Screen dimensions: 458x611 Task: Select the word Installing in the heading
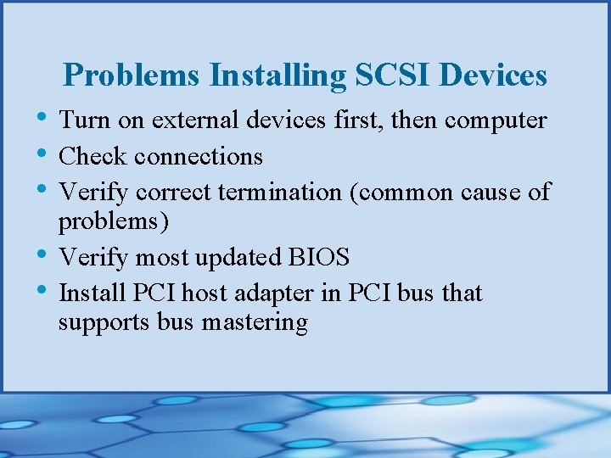278,75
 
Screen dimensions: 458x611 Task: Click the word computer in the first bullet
496,121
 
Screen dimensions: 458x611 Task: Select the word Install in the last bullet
92,293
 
